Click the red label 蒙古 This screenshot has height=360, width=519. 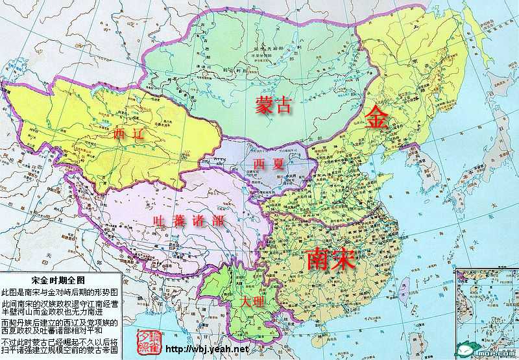coord(273,106)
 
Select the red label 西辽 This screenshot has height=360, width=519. coord(127,134)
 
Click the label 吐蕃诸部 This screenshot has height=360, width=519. coord(189,221)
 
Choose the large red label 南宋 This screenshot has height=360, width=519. coord(330,259)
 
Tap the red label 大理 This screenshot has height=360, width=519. coord(253,302)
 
